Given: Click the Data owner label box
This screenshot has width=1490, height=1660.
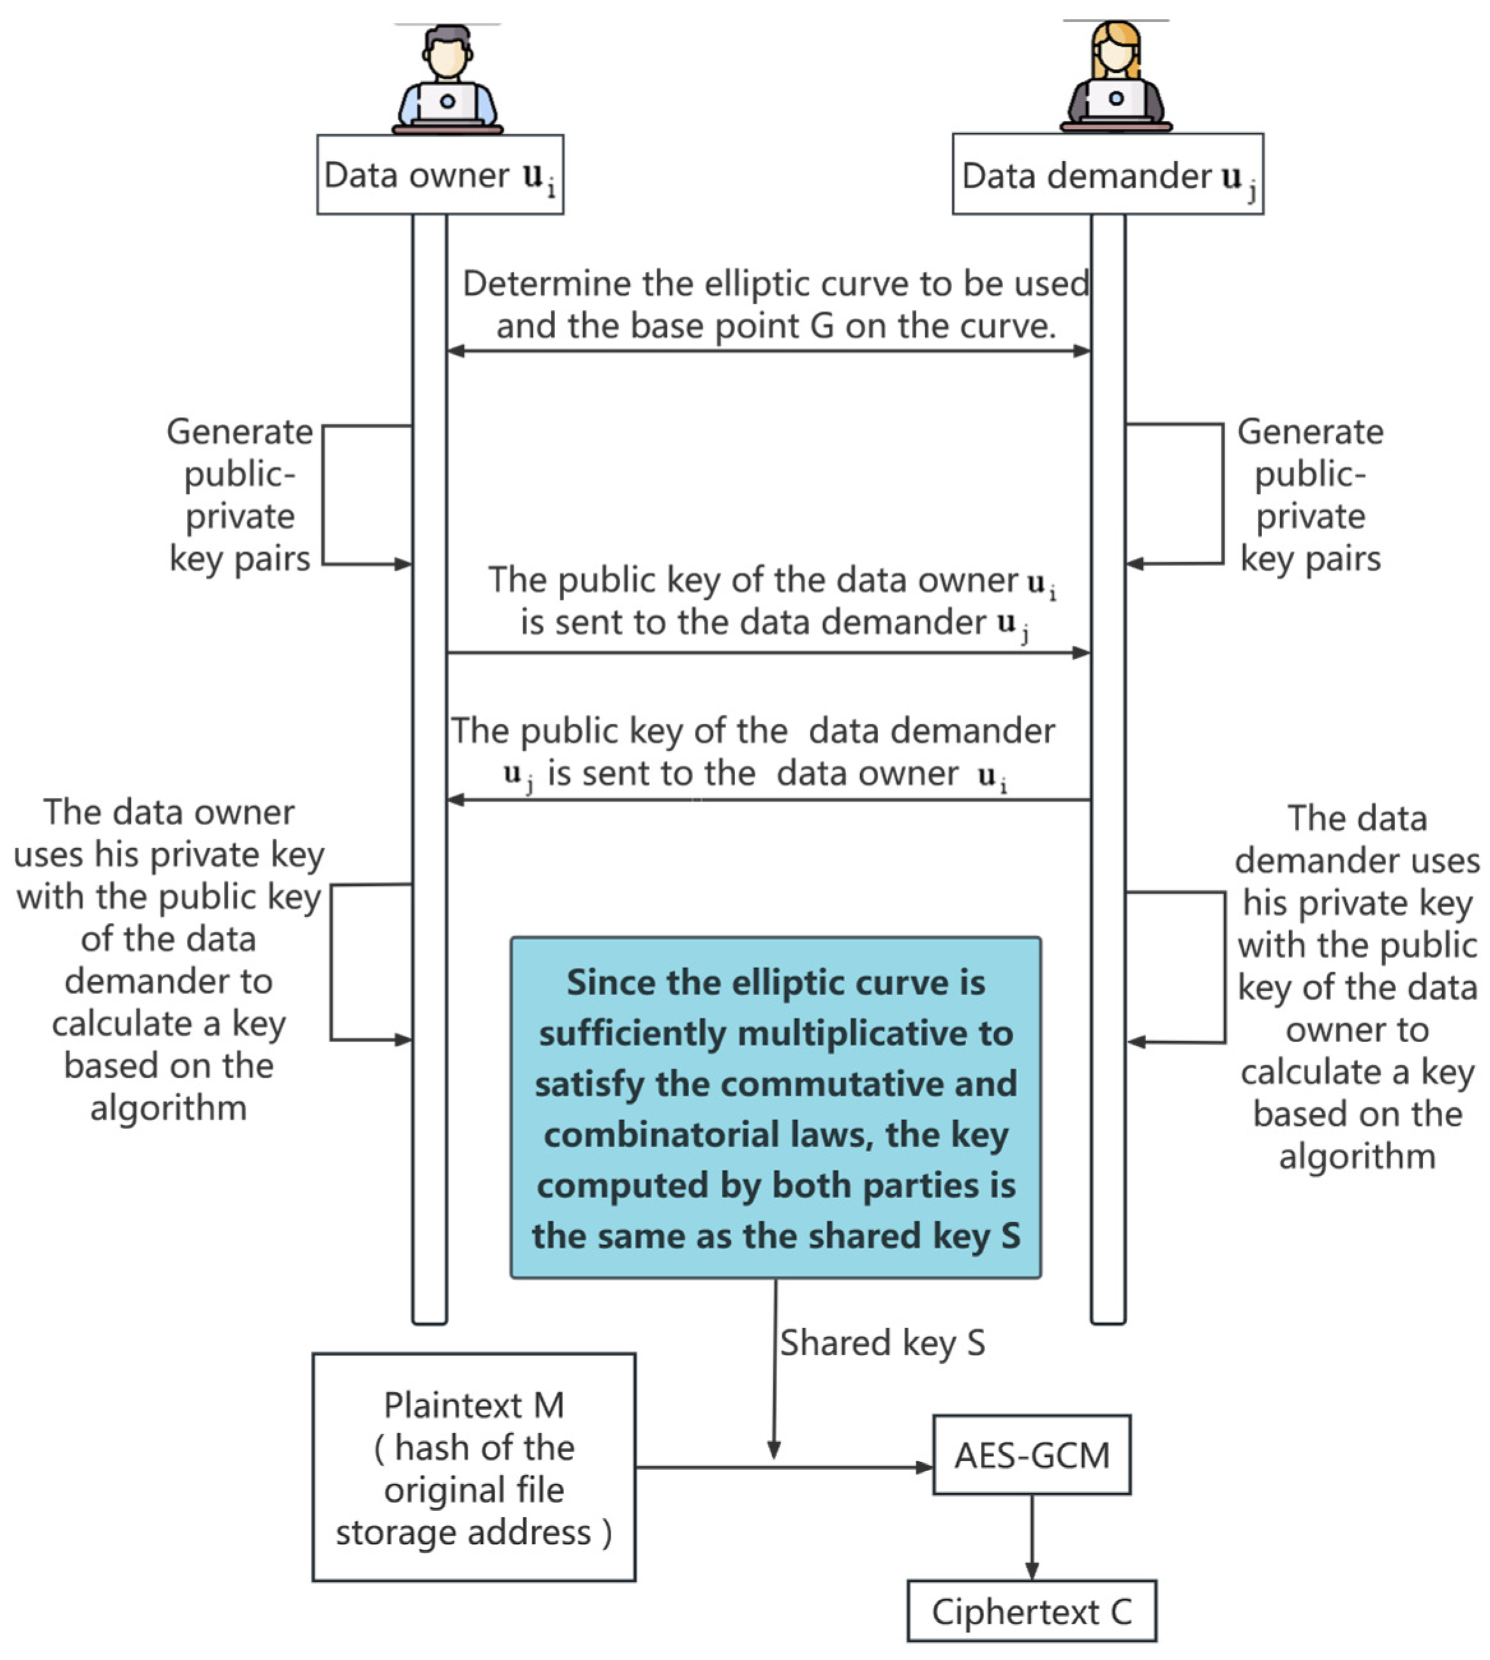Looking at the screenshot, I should [440, 174].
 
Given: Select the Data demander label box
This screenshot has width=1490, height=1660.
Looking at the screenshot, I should [1107, 174].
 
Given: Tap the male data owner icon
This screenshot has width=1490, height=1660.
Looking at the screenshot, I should [447, 79].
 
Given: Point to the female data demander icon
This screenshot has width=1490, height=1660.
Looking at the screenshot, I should [1116, 76].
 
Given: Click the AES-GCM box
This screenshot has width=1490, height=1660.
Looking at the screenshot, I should [1032, 1454].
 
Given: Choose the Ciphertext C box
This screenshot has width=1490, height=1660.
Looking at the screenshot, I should [1032, 1611].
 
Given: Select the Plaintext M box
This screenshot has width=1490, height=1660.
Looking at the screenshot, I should [473, 1467].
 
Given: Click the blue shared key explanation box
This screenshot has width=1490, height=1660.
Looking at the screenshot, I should [775, 1107].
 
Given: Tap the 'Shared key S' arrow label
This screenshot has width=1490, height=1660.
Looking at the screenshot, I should [882, 1343].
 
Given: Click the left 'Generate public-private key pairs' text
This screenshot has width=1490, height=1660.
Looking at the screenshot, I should [239, 495].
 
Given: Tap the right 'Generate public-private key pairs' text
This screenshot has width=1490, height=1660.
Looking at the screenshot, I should [1310, 495].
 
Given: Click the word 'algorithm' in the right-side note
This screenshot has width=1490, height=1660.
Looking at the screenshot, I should [1357, 1156].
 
